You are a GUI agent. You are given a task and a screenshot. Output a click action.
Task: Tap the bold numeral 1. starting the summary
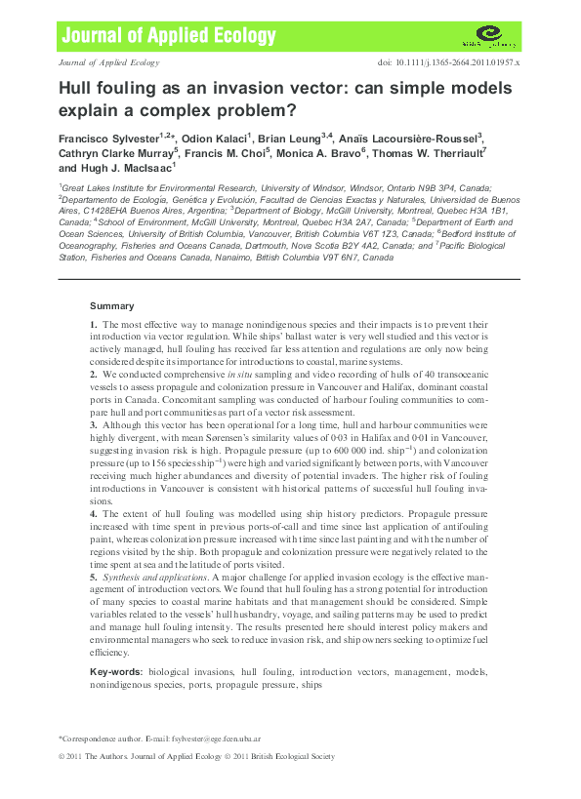[x=93, y=323]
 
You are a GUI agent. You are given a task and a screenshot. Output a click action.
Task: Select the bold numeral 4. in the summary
[x=93, y=514]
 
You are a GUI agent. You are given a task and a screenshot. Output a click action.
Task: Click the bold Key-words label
[x=115, y=673]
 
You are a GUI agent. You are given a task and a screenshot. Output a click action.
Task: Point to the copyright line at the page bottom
[x=195, y=756]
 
